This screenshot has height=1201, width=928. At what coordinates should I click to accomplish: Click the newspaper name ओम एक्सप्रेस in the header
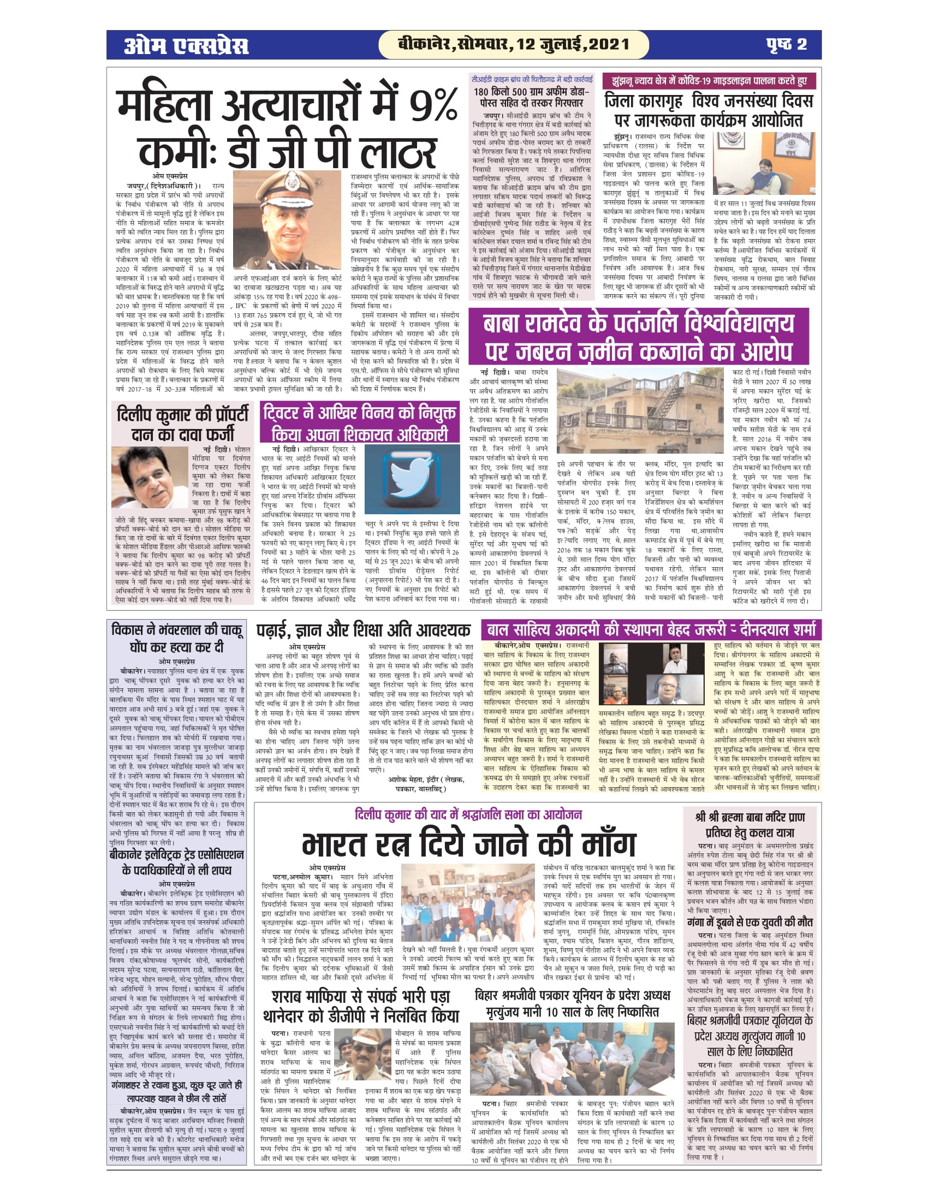[x=186, y=45]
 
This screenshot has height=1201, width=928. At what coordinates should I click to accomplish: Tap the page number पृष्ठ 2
[x=786, y=45]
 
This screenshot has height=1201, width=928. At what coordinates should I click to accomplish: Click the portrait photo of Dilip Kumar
[x=150, y=477]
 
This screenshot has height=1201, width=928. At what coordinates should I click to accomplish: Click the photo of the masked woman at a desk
[x=764, y=163]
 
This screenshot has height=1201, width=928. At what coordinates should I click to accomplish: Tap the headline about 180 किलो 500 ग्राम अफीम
[x=531, y=97]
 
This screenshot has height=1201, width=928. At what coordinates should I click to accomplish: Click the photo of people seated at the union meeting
[x=572, y=1059]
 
